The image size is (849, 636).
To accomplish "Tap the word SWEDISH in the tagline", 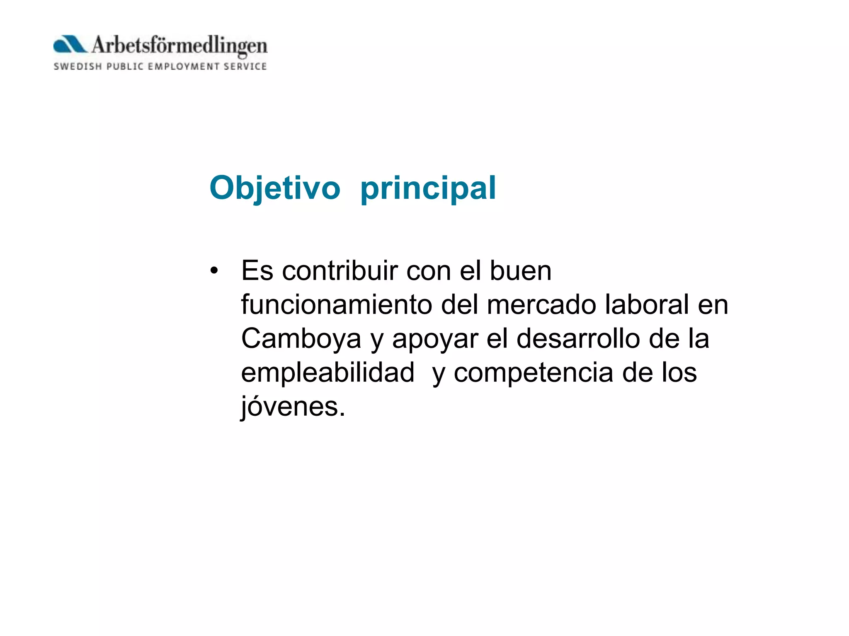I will (x=78, y=67).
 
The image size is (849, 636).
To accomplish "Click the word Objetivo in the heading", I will (x=275, y=188).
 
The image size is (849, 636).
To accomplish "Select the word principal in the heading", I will (x=428, y=188).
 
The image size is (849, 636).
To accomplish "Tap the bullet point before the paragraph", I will (x=214, y=271).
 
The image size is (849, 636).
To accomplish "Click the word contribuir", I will (x=340, y=271).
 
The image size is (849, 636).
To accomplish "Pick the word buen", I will (x=521, y=271).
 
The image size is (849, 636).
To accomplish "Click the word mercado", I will (x=541, y=305).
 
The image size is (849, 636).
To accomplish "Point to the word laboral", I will (x=647, y=305).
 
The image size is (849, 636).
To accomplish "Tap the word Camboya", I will (x=301, y=339).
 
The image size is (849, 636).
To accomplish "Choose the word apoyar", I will (x=435, y=340).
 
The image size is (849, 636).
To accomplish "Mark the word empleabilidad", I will (x=327, y=373).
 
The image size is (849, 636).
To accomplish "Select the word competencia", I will (x=533, y=373).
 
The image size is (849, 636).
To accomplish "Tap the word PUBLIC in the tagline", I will (x=125, y=67).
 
